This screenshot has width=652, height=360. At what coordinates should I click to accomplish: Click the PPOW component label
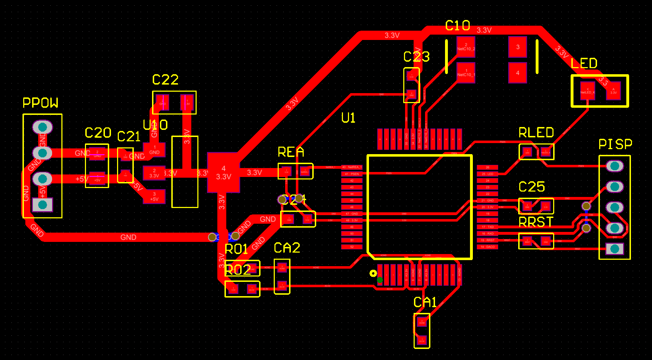40,103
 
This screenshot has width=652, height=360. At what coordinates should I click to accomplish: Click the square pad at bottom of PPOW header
42,205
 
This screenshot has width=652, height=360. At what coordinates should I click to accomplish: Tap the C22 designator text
165,80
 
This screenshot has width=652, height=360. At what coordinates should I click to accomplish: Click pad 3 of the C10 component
517,47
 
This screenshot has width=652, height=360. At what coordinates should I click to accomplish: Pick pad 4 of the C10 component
517,73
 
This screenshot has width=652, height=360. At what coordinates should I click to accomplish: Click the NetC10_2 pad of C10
466,47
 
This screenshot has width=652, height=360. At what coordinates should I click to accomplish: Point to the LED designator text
584,64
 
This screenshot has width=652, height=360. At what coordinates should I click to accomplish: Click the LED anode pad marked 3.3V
613,91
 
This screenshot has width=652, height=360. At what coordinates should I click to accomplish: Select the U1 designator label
348,118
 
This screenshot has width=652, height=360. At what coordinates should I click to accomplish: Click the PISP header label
615,144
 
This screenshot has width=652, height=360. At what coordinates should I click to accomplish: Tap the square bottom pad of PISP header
615,249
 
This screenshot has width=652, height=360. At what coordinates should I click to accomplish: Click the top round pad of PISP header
615,166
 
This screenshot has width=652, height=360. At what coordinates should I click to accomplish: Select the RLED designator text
536,133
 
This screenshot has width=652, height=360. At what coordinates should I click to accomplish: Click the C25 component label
532,187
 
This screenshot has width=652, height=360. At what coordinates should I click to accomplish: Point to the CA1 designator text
425,303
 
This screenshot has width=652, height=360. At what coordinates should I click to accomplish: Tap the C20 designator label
98,133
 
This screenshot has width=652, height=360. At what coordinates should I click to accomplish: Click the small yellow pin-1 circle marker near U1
373,273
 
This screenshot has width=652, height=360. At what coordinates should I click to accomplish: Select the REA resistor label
291,152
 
